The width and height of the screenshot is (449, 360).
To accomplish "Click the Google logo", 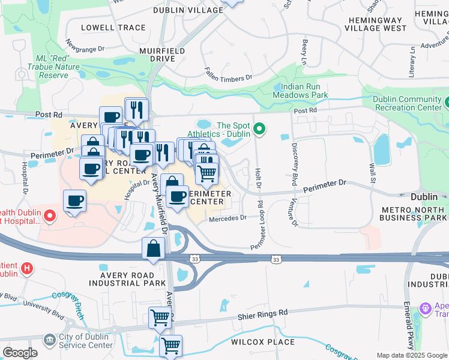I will [x=20, y=353].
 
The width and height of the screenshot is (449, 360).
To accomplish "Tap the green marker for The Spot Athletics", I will [x=259, y=129].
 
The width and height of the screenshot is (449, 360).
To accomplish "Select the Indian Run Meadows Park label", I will [x=300, y=91].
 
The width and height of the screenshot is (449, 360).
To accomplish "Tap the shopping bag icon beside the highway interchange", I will [x=153, y=248].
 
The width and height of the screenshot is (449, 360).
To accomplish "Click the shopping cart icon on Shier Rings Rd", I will [x=160, y=317].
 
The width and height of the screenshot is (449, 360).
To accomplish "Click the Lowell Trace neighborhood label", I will [x=105, y=28].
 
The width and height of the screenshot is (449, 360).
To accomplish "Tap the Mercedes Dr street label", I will [x=228, y=218].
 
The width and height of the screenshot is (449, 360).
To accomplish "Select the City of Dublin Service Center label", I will [x=85, y=341].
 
